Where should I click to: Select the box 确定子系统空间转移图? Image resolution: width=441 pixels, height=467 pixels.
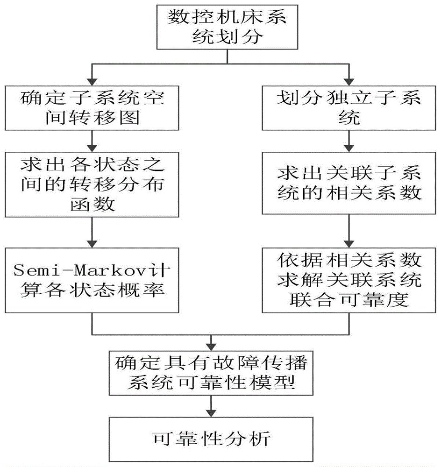tap(92, 108)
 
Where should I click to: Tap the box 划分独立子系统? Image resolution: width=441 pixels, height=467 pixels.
tap(348, 108)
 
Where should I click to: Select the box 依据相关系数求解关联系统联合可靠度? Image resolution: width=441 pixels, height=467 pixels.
tap(348, 279)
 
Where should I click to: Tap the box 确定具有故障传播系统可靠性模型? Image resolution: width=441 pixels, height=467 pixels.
tap(209, 374)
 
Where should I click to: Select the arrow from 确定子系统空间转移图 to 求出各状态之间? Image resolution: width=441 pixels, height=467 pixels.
tap(92, 141)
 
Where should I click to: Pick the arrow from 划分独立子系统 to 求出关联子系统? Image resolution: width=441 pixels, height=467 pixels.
tap(348, 141)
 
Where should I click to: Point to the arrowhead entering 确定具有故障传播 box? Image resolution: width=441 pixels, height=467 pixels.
tap(209, 346)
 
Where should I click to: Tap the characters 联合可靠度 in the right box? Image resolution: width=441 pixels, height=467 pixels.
tap(348, 299)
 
